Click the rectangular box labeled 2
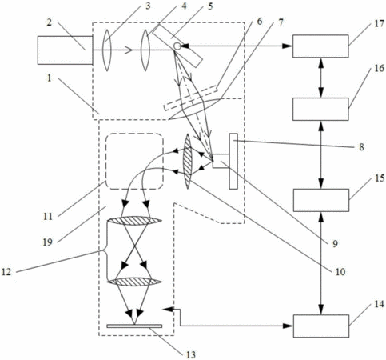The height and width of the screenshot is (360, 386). pos(65,50)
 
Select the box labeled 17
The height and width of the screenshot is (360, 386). pos(320,46)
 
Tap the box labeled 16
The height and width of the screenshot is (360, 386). pos(320,109)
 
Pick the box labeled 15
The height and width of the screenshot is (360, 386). pos(321,200)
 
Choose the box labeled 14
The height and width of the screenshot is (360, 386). pos(321,326)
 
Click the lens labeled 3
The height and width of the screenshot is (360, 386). pos(106,50)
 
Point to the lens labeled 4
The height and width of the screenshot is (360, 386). pos(145,50)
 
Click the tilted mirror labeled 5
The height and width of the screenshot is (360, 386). pos(181,46)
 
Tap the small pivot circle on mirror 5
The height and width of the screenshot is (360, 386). pos(177,46)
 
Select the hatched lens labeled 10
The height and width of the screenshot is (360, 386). pos(188,162)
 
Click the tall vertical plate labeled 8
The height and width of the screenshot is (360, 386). pos(233,161)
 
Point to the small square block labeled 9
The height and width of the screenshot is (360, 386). pos(221,161)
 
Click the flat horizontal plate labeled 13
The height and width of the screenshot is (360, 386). pos(134,326)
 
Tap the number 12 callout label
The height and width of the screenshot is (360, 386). pos(6,272)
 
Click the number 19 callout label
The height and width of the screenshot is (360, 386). pos(48,242)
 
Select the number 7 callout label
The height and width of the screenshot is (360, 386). pos(280,22)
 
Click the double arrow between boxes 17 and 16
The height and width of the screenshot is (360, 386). pos(320,78)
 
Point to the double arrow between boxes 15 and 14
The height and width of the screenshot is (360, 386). pos(321,263)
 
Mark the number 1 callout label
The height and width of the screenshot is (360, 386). pos(49,78)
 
